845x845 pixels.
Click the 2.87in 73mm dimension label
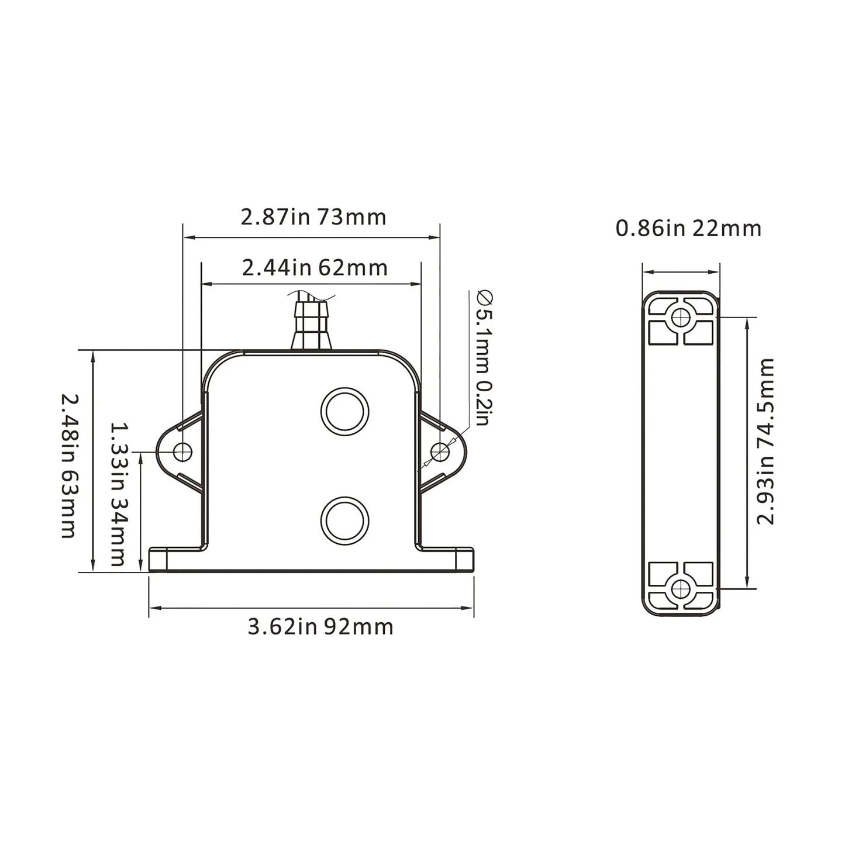tap(313, 217)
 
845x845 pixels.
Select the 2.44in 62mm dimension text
tap(315, 268)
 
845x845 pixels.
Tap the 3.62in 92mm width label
tap(320, 627)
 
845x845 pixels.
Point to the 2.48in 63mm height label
tap(68, 465)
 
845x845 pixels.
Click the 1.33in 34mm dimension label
tap(118, 495)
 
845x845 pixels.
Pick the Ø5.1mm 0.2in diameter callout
tap(483, 358)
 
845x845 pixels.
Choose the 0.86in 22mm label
tap(688, 228)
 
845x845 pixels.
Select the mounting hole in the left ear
tap(183, 451)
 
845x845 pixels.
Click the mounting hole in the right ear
tap(439, 451)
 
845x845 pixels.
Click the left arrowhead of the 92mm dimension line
tap(154, 609)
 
